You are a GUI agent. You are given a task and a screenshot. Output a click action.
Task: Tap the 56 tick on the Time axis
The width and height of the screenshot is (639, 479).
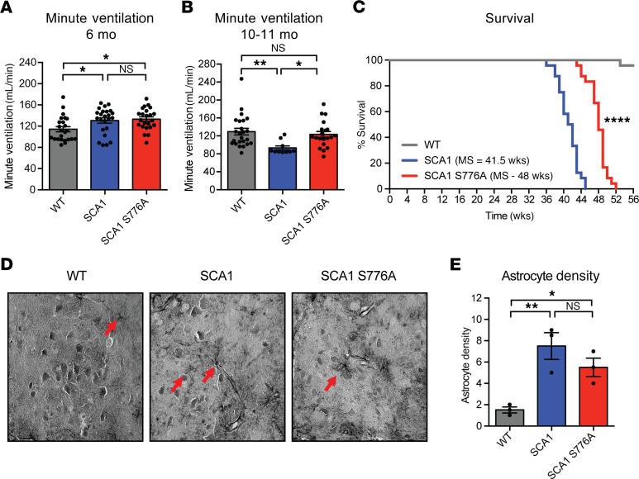[632, 200]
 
